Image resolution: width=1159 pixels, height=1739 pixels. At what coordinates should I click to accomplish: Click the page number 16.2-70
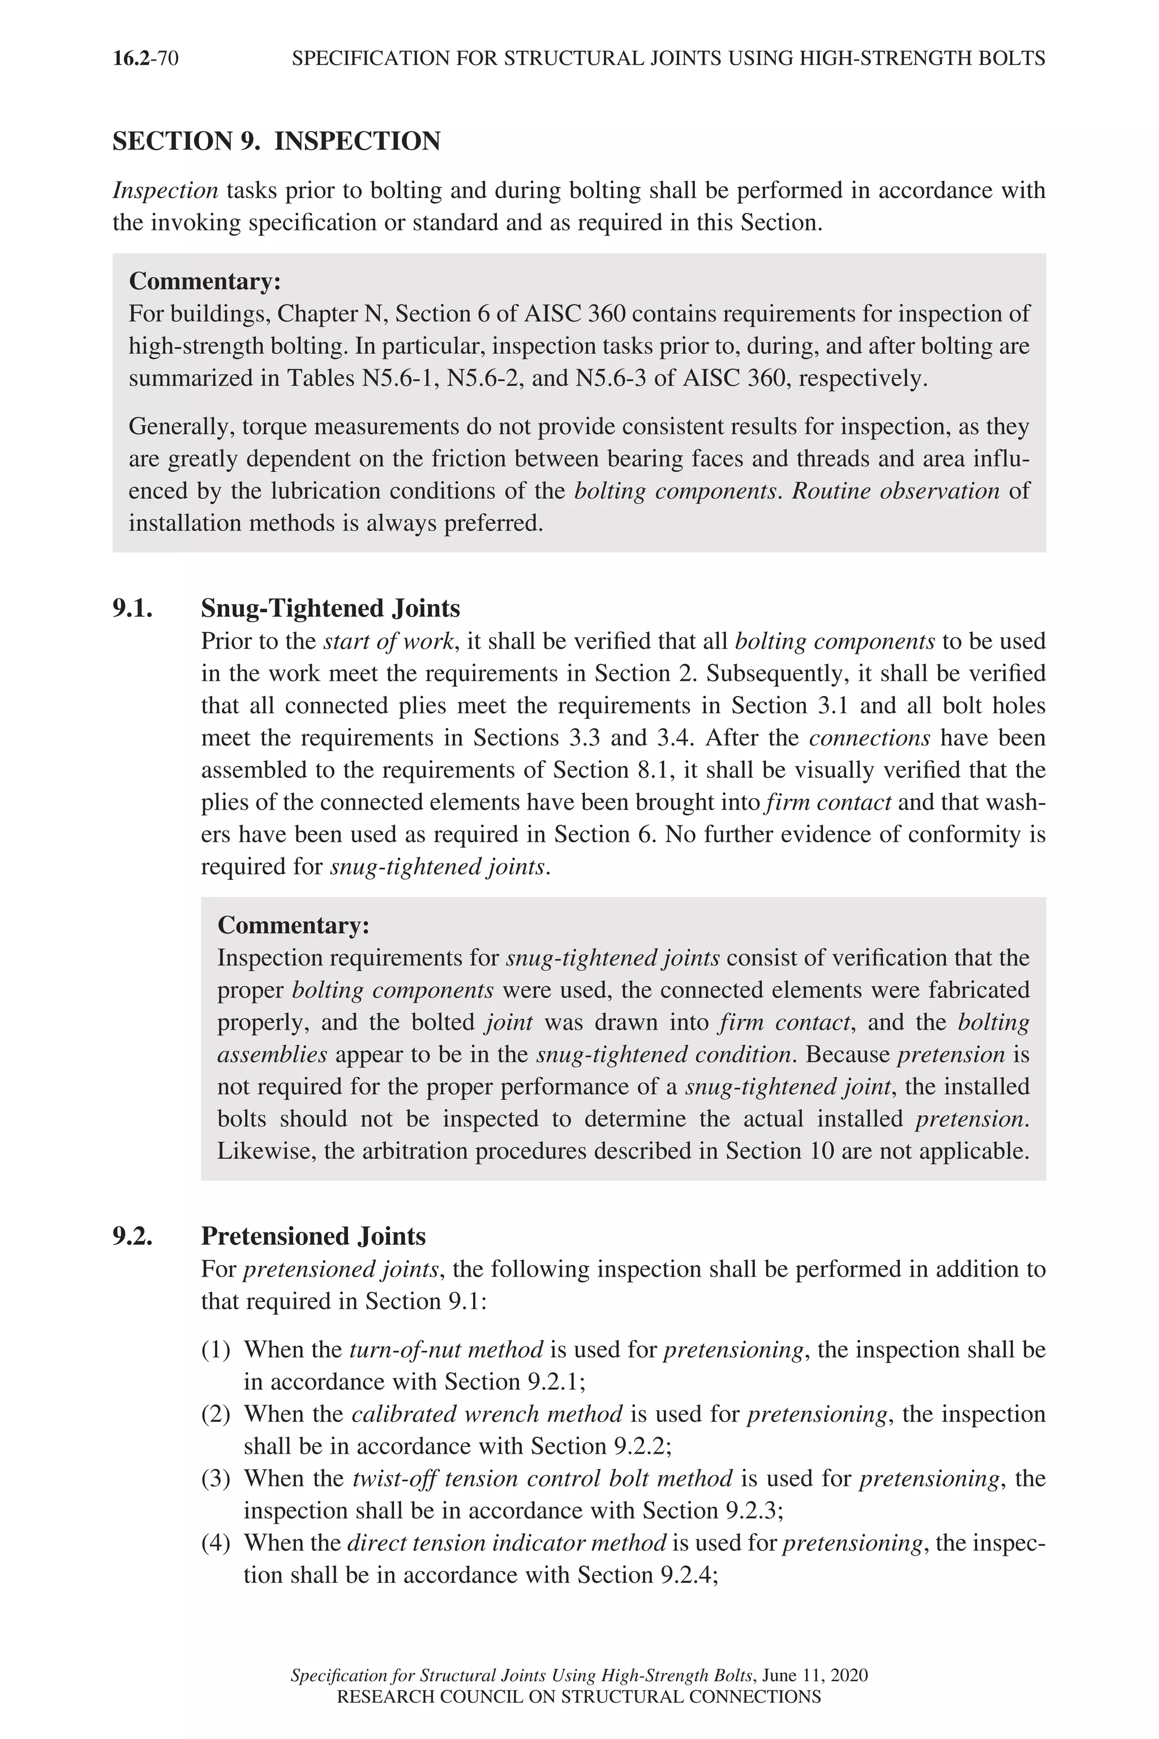pyautogui.click(x=145, y=58)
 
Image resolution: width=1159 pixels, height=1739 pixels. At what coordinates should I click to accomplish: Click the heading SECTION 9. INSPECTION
pyautogui.click(x=276, y=141)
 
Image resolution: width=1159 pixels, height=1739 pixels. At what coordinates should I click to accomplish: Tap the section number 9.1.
pyautogui.click(x=133, y=609)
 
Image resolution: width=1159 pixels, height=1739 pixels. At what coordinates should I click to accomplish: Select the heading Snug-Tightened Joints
pyautogui.click(x=330, y=609)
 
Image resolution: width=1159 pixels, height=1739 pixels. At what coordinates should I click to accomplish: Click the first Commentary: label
pyautogui.click(x=205, y=282)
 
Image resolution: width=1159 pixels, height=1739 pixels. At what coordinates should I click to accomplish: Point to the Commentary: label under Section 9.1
pyautogui.click(x=294, y=926)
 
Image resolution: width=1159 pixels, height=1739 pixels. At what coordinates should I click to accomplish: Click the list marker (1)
pyautogui.click(x=216, y=1350)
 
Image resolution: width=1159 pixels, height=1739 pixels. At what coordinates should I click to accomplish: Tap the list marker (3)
pyautogui.click(x=216, y=1479)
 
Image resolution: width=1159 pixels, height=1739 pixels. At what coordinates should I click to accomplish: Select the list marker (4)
pyautogui.click(x=216, y=1543)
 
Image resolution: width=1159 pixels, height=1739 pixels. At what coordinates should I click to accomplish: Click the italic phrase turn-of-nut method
pyautogui.click(x=446, y=1350)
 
